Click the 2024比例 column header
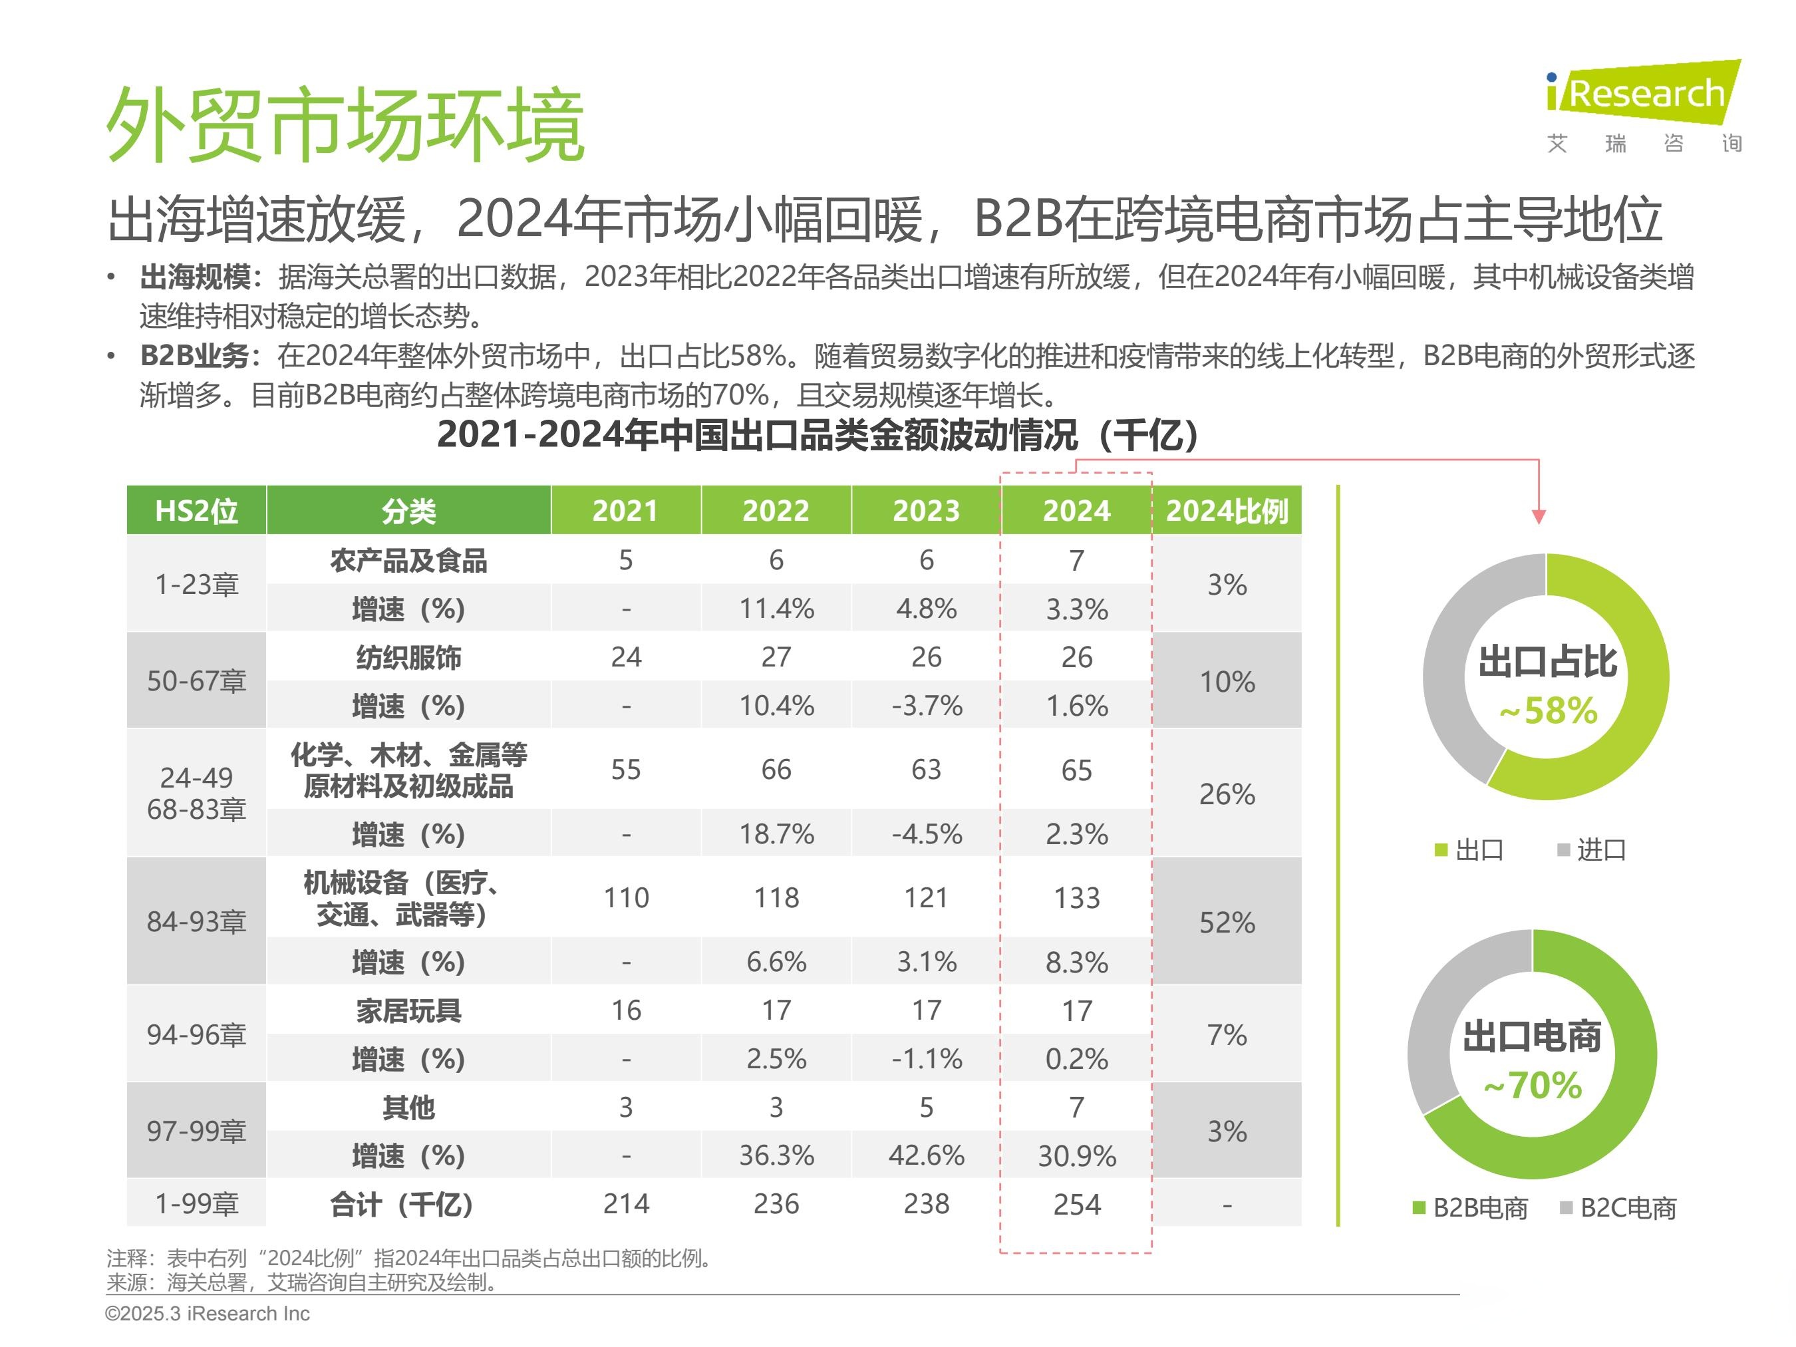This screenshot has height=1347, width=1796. [x=1226, y=511]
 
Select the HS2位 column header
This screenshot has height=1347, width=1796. [x=196, y=511]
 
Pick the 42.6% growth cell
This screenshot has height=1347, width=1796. [x=926, y=1155]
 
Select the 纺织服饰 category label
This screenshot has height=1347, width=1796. [x=408, y=657]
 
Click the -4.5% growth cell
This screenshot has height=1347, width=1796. [x=926, y=834]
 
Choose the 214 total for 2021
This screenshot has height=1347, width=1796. [x=625, y=1203]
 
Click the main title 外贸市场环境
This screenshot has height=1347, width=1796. [x=345, y=126]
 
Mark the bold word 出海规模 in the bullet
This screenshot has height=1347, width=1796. [x=195, y=277]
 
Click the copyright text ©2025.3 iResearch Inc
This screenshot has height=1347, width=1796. [x=207, y=1314]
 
